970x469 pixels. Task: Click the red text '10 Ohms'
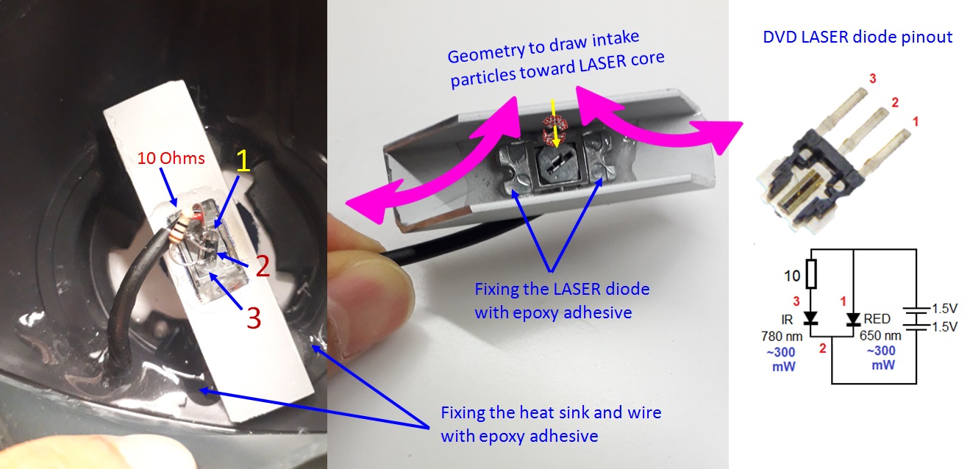(171, 159)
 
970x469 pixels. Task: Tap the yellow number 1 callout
(243, 161)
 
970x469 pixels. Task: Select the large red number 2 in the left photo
(263, 265)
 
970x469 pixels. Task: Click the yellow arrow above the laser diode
(554, 123)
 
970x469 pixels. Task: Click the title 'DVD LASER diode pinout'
(857, 37)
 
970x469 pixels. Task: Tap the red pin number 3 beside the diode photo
(873, 79)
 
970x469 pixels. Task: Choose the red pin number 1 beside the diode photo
(916, 122)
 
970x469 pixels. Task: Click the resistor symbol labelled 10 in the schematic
(811, 273)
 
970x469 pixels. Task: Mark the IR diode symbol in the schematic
(810, 319)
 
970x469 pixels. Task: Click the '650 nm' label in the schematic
(880, 336)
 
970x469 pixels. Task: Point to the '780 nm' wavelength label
(782, 337)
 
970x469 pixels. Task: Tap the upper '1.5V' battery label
(944, 309)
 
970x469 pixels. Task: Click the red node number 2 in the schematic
(823, 348)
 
